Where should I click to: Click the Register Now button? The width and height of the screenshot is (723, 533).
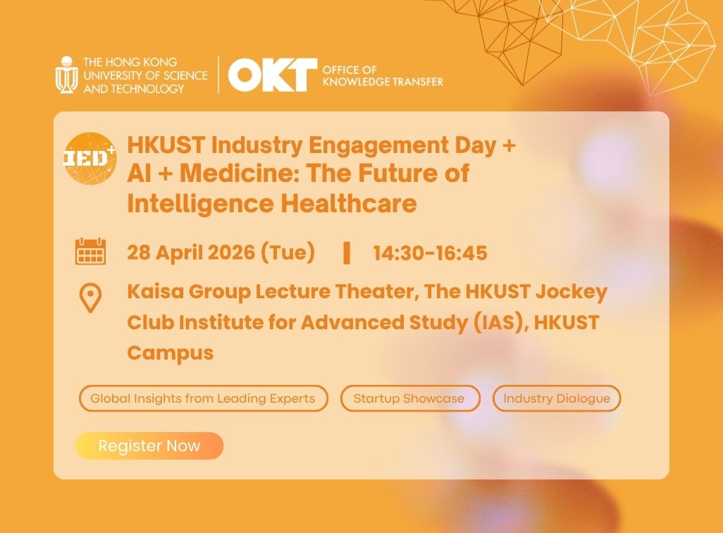149,446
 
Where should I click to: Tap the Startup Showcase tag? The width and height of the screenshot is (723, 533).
409,398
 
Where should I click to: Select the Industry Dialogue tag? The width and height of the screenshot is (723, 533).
557,398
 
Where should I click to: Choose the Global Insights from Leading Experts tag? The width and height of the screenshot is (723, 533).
203,398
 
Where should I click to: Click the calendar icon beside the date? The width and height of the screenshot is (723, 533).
90,252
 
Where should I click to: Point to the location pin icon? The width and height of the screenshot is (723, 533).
90,298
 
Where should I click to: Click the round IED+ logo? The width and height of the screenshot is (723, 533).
89,158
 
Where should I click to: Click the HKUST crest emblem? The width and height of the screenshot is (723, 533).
66,75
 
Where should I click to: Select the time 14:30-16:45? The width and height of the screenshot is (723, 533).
430,252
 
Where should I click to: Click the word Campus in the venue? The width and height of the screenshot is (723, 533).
170,353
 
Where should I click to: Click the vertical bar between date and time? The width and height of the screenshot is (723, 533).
346,252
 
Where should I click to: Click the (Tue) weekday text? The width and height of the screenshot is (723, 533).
288,252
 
